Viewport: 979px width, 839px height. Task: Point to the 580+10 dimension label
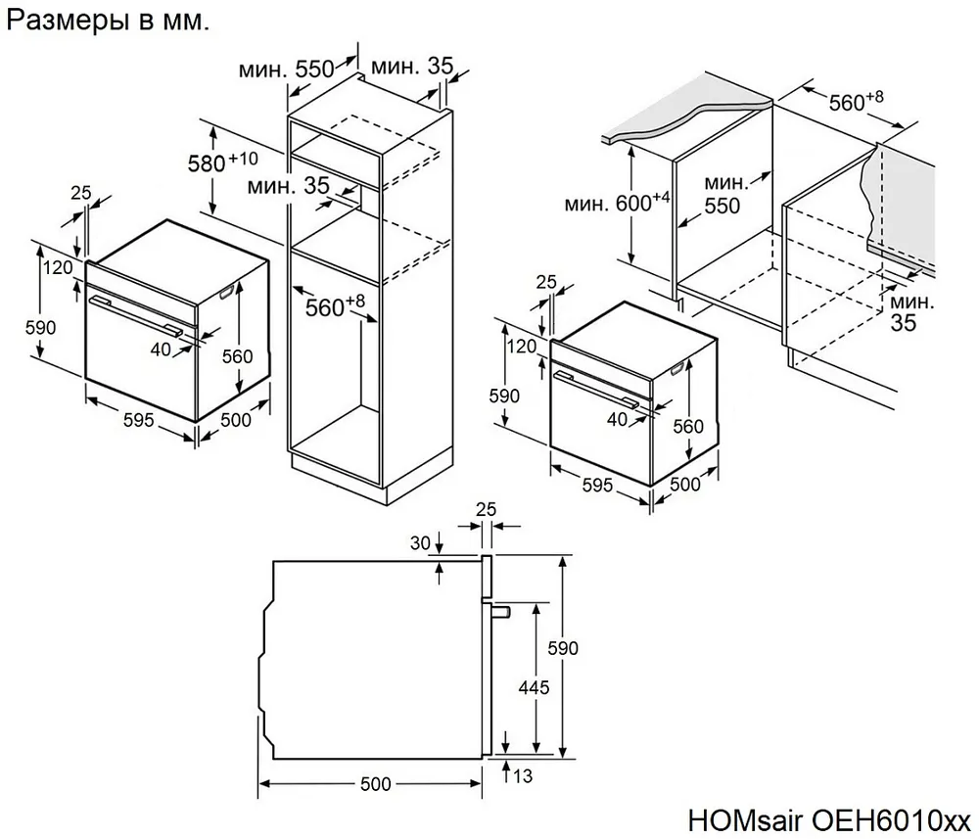click(x=223, y=162)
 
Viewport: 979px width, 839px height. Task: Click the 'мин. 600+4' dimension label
click(x=617, y=203)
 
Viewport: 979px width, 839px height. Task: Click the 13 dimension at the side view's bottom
click(x=524, y=777)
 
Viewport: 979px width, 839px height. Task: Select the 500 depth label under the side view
click(x=375, y=783)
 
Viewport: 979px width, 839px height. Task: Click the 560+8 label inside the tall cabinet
click(x=334, y=305)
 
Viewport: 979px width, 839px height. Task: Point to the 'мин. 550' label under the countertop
click(x=724, y=194)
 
